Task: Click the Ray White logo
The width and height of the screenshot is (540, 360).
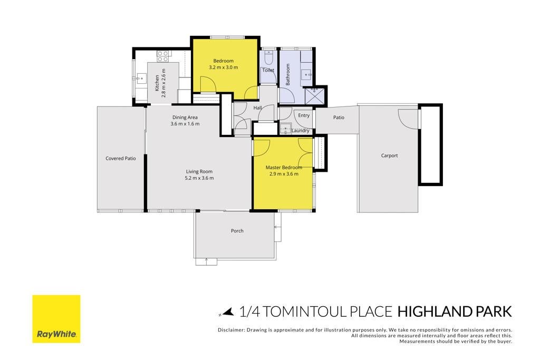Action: point(56,319)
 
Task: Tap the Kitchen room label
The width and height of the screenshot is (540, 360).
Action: point(157,83)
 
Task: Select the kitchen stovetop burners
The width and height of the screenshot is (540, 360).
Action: point(163,56)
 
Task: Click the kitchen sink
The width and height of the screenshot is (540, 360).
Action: point(140,79)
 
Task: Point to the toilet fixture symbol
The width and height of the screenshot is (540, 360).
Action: point(269,57)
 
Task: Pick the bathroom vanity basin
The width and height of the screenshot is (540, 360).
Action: point(306,74)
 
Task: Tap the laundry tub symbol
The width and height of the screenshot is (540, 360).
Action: point(285,129)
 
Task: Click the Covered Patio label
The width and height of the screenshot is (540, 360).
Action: point(121,158)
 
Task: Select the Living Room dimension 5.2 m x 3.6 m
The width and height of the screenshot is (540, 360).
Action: point(199,178)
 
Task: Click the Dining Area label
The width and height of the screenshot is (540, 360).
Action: point(185,118)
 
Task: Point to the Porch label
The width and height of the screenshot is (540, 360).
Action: point(237,230)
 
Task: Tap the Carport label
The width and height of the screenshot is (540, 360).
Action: point(389,155)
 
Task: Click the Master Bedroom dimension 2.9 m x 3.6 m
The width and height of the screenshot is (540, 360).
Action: point(284,174)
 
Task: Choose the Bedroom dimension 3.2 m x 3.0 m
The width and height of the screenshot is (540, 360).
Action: point(223,67)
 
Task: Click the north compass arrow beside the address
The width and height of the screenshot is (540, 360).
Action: point(227,312)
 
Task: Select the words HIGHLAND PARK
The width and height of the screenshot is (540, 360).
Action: point(455,312)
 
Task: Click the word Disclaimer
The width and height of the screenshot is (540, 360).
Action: point(231,330)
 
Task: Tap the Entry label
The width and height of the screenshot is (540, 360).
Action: point(304,115)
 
